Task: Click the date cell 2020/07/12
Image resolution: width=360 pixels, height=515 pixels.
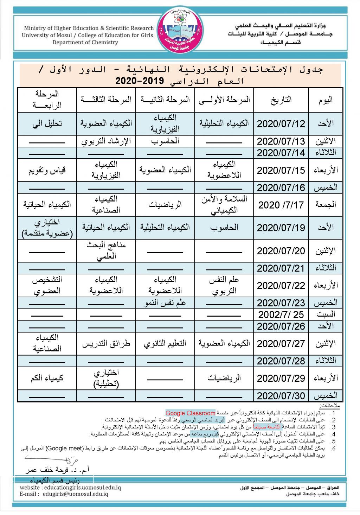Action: (x=281, y=124)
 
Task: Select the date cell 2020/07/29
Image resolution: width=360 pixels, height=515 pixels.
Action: (x=281, y=378)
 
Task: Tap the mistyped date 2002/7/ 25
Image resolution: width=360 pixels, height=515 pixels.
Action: (x=281, y=314)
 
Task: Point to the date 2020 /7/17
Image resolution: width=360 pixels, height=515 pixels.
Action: (x=281, y=205)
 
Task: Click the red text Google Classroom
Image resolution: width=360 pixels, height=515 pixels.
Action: (x=190, y=413)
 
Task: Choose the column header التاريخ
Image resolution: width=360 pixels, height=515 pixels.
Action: (x=281, y=100)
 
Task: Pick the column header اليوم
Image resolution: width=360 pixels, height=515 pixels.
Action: (x=326, y=100)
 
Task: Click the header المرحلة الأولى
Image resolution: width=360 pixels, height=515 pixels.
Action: (x=224, y=100)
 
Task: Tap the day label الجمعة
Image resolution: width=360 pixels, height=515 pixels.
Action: (x=326, y=205)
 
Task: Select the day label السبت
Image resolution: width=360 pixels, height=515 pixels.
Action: (x=326, y=314)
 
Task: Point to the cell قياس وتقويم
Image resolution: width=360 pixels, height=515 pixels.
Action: (x=47, y=170)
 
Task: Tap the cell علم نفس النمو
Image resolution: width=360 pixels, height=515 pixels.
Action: (x=165, y=303)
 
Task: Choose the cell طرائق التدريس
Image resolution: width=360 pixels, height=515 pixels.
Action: (x=106, y=344)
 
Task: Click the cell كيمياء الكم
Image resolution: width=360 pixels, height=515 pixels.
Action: (x=47, y=378)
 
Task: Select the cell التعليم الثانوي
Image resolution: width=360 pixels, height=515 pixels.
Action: (x=165, y=344)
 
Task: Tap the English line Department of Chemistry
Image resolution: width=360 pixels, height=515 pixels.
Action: (x=85, y=43)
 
